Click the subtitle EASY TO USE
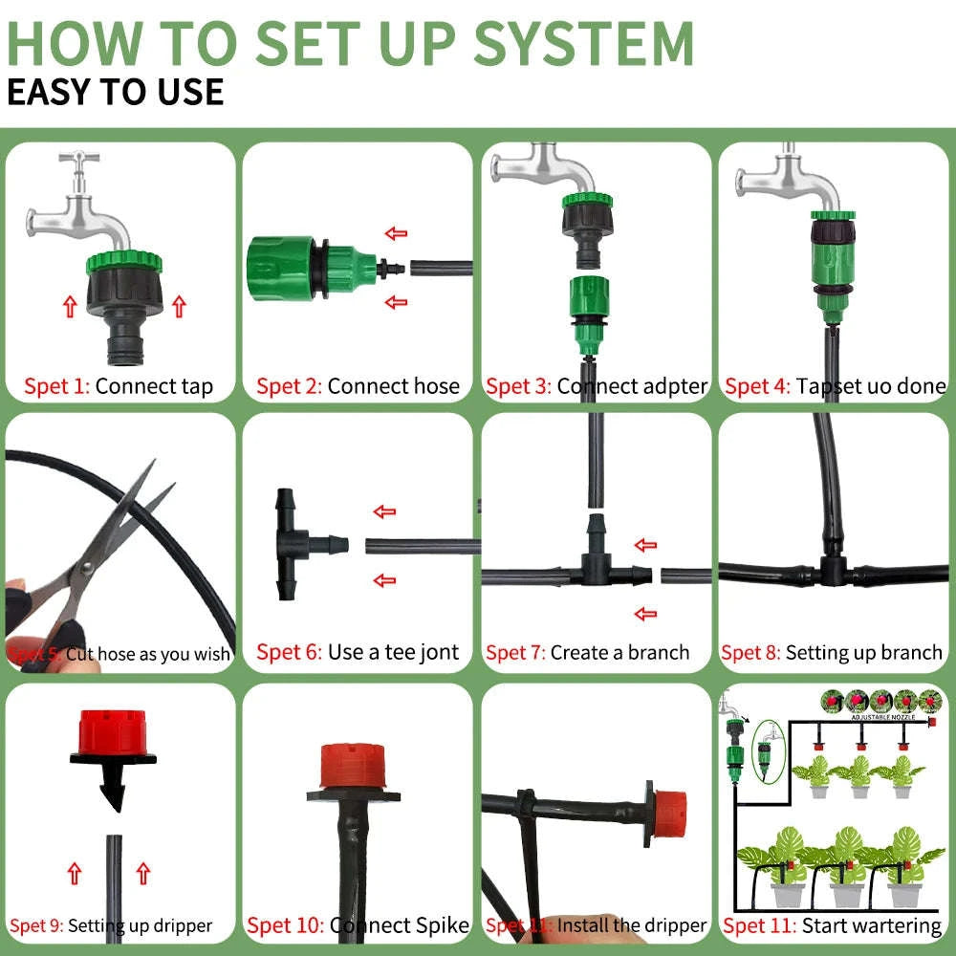point(116,92)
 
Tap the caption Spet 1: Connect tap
point(119,387)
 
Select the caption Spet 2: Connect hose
point(358,387)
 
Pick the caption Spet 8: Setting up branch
point(833,653)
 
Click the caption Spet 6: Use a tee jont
point(358,653)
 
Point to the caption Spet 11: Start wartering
point(833,925)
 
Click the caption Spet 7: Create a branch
point(588,653)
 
